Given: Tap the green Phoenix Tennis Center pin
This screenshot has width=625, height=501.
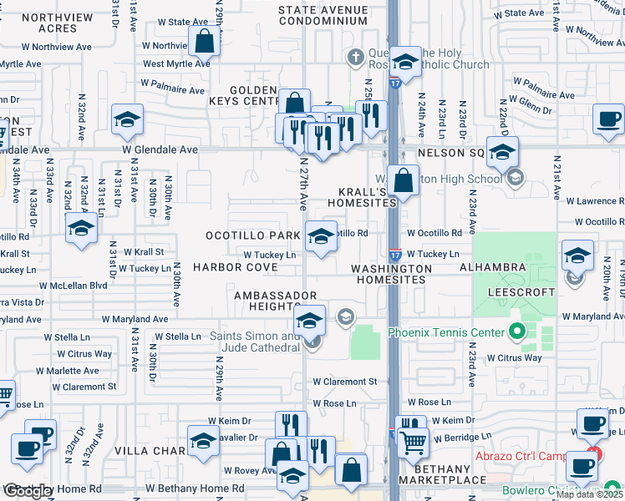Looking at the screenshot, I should point(516,333).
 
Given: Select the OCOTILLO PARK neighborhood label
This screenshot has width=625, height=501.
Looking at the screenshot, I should point(252,236).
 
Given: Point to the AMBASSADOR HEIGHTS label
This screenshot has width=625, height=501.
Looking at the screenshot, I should point(275,301).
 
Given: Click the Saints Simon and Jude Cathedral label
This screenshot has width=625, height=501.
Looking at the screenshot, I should point(253,342).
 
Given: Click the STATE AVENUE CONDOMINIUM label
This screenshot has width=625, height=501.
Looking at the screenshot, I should point(323,15).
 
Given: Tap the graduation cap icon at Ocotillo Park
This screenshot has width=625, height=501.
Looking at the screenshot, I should point(320,236).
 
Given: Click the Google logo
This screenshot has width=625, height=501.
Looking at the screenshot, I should point(29,491).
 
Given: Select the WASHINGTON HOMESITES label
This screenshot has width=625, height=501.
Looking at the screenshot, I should point(391,274).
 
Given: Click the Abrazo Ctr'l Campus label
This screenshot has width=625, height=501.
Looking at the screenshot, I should point(545,456).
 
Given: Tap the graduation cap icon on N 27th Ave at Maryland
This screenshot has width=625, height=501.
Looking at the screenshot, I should point(309,322).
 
